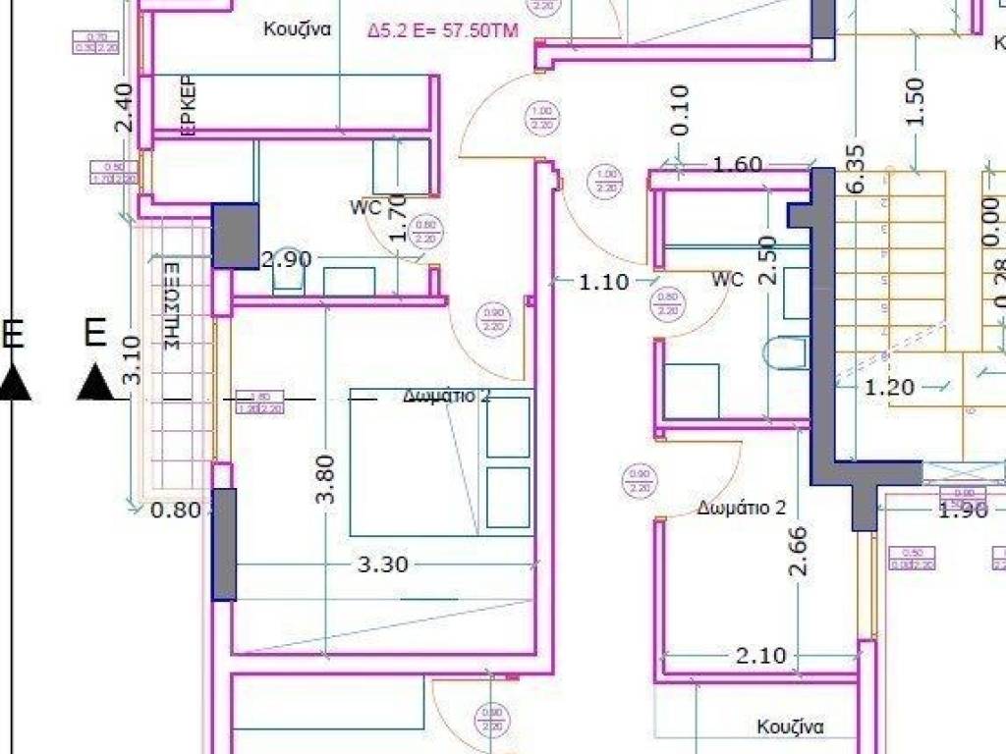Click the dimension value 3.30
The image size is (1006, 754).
coord(382,565)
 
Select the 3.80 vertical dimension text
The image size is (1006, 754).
coord(327,478)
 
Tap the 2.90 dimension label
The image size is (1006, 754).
coord(286,259)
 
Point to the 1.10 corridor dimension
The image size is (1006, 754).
coord(603,282)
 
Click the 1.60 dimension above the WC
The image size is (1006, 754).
coord(737,165)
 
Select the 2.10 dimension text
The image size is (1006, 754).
coord(761,655)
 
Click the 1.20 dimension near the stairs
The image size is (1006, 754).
coord(889,387)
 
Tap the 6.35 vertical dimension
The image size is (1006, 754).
coord(855,169)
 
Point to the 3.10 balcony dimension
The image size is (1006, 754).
coord(134,359)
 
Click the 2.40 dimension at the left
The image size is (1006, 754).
coord(122,107)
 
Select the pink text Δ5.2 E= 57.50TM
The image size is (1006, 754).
coord(442,30)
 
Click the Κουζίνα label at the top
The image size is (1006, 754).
coord(297,29)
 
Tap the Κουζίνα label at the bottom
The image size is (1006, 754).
coord(789,727)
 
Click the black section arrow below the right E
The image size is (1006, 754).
coord(95,382)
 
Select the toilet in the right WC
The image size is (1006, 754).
coord(787,353)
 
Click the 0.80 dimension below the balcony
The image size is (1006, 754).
coord(177,510)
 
